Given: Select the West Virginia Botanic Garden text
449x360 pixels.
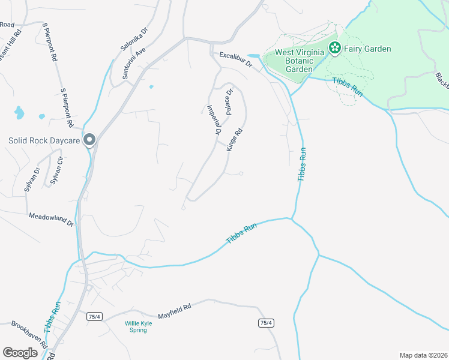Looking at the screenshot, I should click(x=300, y=61).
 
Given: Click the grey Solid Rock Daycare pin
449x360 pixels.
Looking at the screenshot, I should click(x=90, y=140).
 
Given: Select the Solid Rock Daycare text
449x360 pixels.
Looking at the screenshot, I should click(x=44, y=141).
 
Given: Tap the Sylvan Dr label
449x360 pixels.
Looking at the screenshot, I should click(x=32, y=179).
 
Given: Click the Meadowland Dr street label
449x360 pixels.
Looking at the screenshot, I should click(x=50, y=218).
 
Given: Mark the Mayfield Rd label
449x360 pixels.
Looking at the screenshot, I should click(x=174, y=311).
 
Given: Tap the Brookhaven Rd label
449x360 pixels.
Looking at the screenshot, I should click(x=29, y=334).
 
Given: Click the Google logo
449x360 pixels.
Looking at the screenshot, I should click(x=20, y=353).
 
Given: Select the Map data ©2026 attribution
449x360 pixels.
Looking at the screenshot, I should click(x=423, y=355).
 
